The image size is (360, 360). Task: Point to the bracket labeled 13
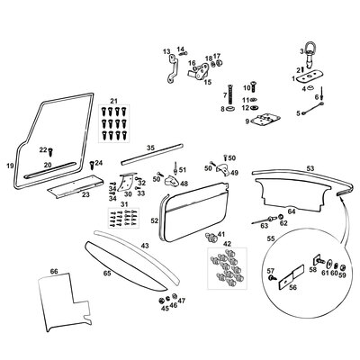click(x=174, y=66)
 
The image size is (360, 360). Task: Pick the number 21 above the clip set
click(x=113, y=100)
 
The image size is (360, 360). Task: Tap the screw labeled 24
click(x=91, y=164)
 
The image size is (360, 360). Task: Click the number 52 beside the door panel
click(x=154, y=220)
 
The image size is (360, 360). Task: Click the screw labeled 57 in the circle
click(x=271, y=281)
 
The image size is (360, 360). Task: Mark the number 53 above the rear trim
click(x=310, y=167)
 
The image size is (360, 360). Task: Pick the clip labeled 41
click(x=212, y=238)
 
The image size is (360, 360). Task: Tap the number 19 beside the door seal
click(x=10, y=166)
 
